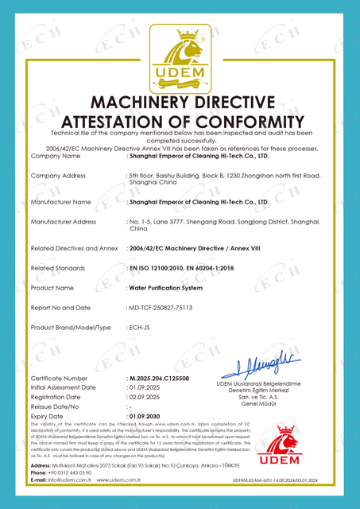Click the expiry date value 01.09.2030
pyautogui.click(x=149, y=416)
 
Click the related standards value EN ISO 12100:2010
pyautogui.click(x=159, y=269)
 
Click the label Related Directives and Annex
pyautogui.click(x=73, y=249)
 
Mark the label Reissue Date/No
pyautogui.click(x=56, y=406)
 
